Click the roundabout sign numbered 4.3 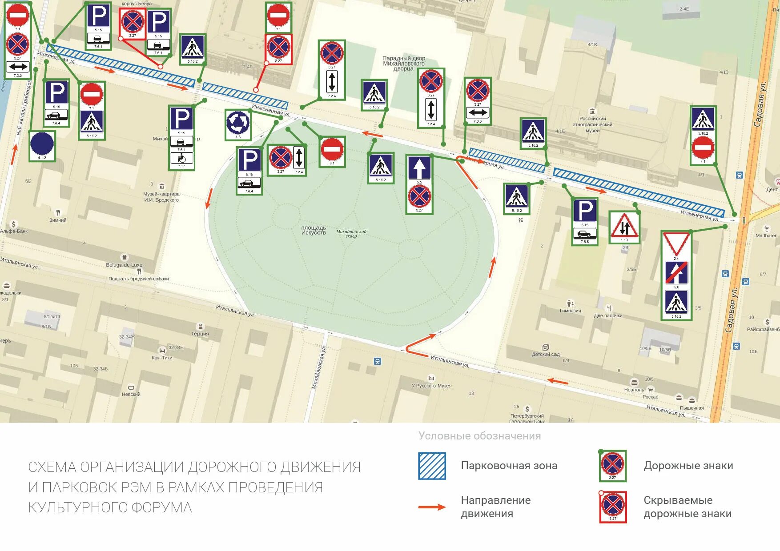click(238, 123)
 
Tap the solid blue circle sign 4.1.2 click(42, 144)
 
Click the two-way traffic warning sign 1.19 click(624, 226)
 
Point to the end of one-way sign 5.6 click(676, 273)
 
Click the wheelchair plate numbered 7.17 click(181, 158)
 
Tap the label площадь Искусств click(314, 230)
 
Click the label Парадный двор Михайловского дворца click(404, 63)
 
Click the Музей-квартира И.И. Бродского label click(161, 197)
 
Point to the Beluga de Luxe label click(124, 265)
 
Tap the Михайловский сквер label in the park click(351, 233)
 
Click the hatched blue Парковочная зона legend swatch click(431, 466)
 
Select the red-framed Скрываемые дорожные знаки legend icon click(612, 507)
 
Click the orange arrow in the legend click(431, 507)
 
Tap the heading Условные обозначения click(479, 436)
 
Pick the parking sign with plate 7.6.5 click(584, 221)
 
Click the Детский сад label click(546, 354)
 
